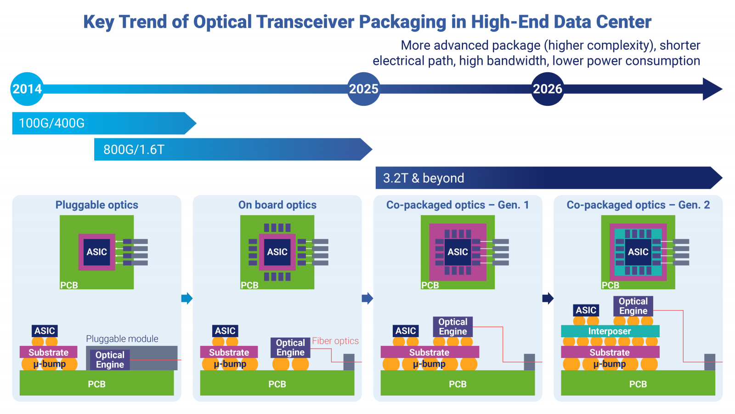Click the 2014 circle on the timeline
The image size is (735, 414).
[27, 89]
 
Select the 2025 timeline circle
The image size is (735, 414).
[363, 89]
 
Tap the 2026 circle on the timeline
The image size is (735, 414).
[547, 89]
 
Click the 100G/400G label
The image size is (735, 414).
[51, 123]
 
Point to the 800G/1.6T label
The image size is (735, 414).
[134, 149]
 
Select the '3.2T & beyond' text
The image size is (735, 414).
[423, 178]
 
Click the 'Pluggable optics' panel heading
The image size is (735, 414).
[97, 205]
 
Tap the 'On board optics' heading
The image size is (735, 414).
[277, 205]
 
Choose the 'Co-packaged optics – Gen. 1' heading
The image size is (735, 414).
[458, 205]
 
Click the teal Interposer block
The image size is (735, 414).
[610, 331]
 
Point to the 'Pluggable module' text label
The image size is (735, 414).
[122, 339]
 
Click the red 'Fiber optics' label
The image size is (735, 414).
[335, 341]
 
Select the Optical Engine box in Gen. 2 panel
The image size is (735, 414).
[633, 306]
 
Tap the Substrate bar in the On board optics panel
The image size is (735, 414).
[229, 352]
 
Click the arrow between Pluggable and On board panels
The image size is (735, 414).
[187, 299]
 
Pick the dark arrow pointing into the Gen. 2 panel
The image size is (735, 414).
[548, 299]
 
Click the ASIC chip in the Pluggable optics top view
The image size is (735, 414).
[97, 252]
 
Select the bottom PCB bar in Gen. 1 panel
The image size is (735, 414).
[458, 383]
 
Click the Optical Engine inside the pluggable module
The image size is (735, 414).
[110, 359]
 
